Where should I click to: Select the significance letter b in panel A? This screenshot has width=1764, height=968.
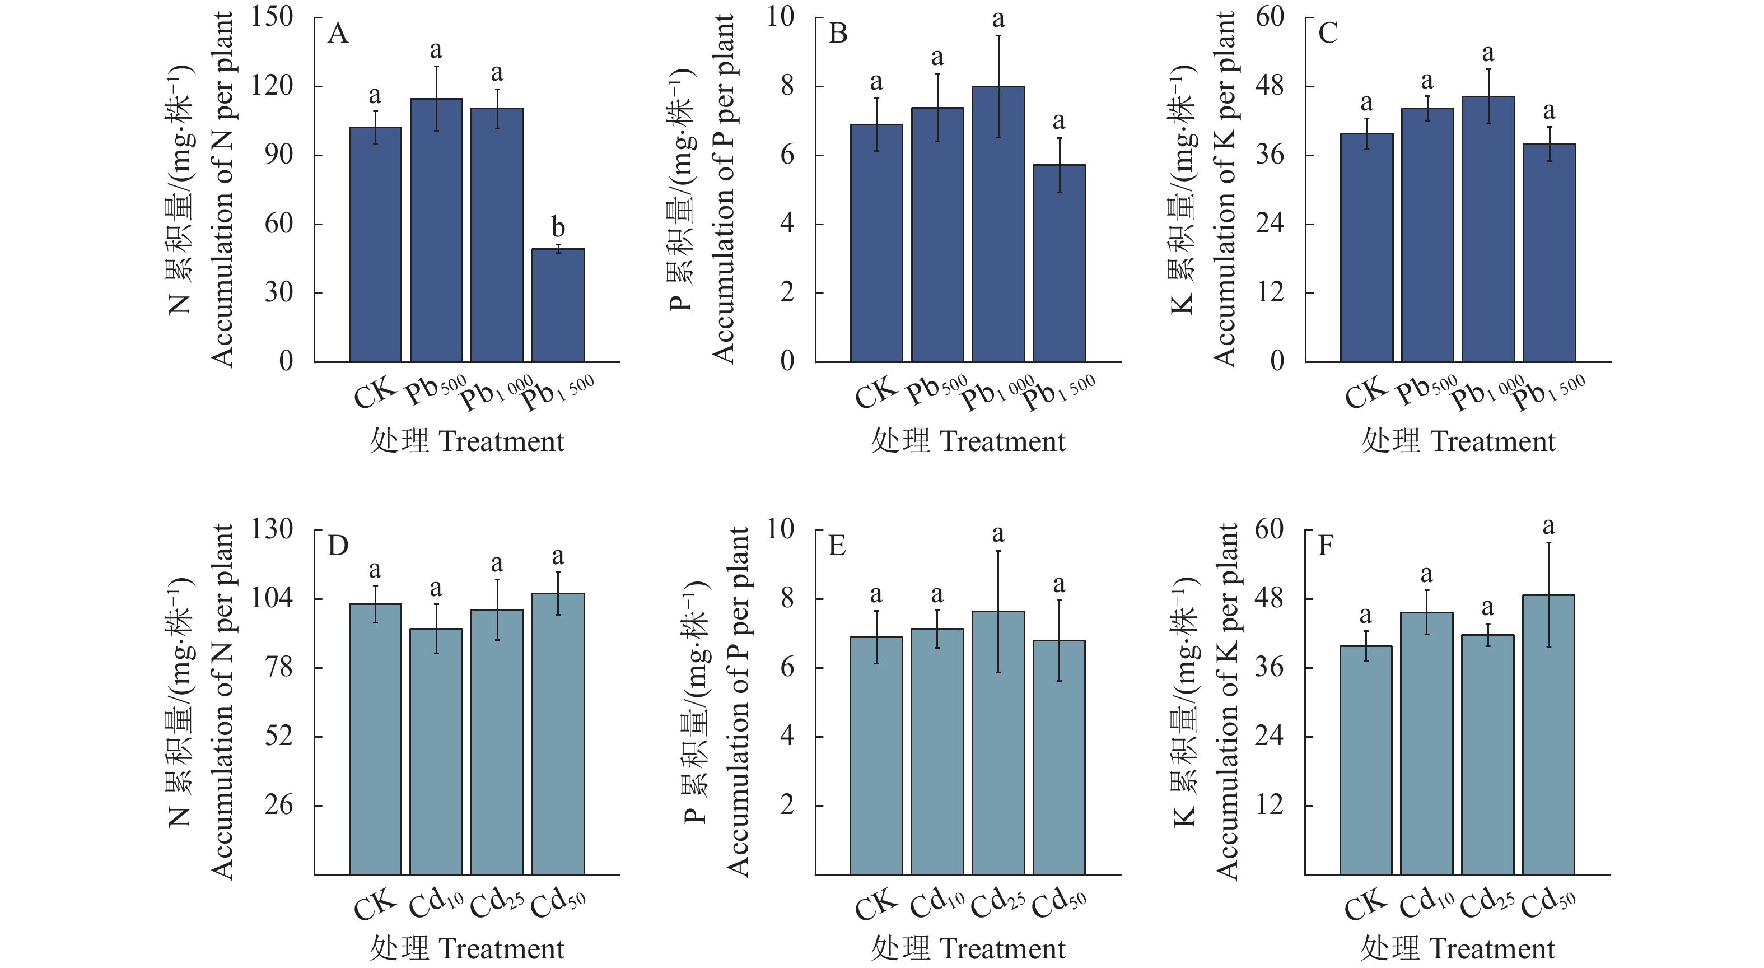pos(558,227)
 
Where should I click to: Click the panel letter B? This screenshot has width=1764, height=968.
pos(838,34)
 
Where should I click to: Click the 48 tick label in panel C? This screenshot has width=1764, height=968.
pos(1270,86)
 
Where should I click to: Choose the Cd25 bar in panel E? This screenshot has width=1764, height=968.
pos(998,743)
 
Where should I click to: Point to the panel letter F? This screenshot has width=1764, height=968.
pos(1326,546)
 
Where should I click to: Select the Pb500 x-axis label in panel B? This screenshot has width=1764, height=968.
pos(937,389)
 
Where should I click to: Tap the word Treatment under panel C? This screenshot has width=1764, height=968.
pos(1493,441)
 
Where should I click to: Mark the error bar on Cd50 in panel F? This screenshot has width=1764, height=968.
pos(1549,595)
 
